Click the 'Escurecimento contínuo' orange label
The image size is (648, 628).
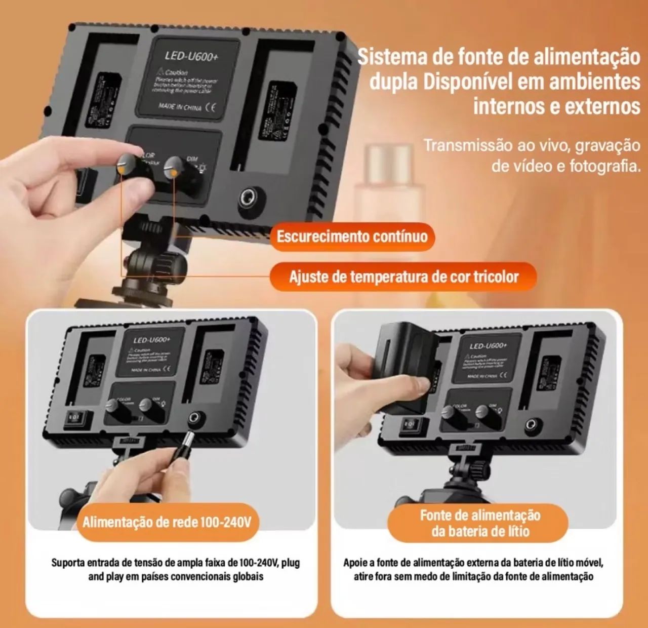pyautogui.click(x=352, y=237)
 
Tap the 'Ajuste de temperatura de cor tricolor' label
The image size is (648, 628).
pyautogui.click(x=403, y=277)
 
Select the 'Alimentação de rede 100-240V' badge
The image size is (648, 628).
pyautogui.click(x=167, y=522)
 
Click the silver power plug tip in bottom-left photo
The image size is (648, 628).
pyautogui.click(x=190, y=437)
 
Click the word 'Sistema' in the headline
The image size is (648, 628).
pyautogui.click(x=392, y=57)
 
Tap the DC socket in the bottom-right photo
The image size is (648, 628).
pyautogui.click(x=531, y=424)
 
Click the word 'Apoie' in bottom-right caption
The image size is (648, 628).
pyautogui.click(x=354, y=563)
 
